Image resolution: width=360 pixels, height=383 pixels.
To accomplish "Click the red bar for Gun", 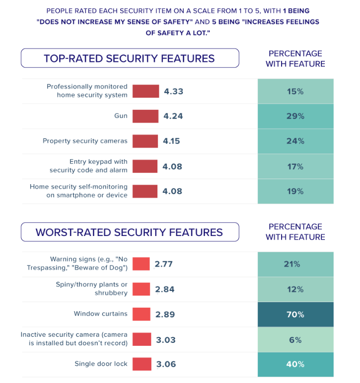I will coord(145,116).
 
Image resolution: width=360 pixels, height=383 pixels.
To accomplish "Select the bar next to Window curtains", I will coord(141,314).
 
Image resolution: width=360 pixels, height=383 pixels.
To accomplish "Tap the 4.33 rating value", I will coord(173,92).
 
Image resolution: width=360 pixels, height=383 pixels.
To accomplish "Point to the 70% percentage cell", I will coord(295,314).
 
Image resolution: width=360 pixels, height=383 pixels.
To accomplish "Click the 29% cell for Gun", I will coord(295,116).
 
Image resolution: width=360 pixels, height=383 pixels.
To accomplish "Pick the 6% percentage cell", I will coord(295,339).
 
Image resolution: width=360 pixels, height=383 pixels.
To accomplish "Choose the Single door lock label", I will coord(101,364).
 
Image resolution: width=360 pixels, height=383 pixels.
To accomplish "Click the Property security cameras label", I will coord(85,141).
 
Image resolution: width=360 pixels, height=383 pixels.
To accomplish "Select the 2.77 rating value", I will coord(164,264).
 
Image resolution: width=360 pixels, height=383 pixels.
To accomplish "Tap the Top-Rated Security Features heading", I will coord(129,58).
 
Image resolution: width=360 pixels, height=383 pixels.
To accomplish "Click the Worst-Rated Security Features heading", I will coord(129,232).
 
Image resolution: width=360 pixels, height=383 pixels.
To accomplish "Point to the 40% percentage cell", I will coord(295,364).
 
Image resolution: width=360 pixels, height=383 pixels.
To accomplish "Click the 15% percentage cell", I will coord(295,92).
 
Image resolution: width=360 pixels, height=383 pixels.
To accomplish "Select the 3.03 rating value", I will coord(165,339).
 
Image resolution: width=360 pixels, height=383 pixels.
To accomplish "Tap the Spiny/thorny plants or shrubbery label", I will coord(92,289).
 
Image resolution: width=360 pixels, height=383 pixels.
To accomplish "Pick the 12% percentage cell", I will coord(295,289).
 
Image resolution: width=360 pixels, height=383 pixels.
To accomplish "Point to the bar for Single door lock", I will coord(142,364).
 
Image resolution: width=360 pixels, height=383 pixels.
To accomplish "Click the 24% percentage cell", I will coord(295,141).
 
